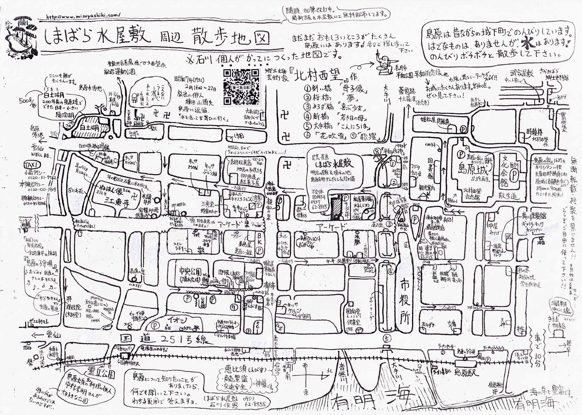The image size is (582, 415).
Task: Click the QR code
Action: coord(242,87)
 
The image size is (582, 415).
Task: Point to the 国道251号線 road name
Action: coord(164,339)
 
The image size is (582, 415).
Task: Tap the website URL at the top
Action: coord(83,16)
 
